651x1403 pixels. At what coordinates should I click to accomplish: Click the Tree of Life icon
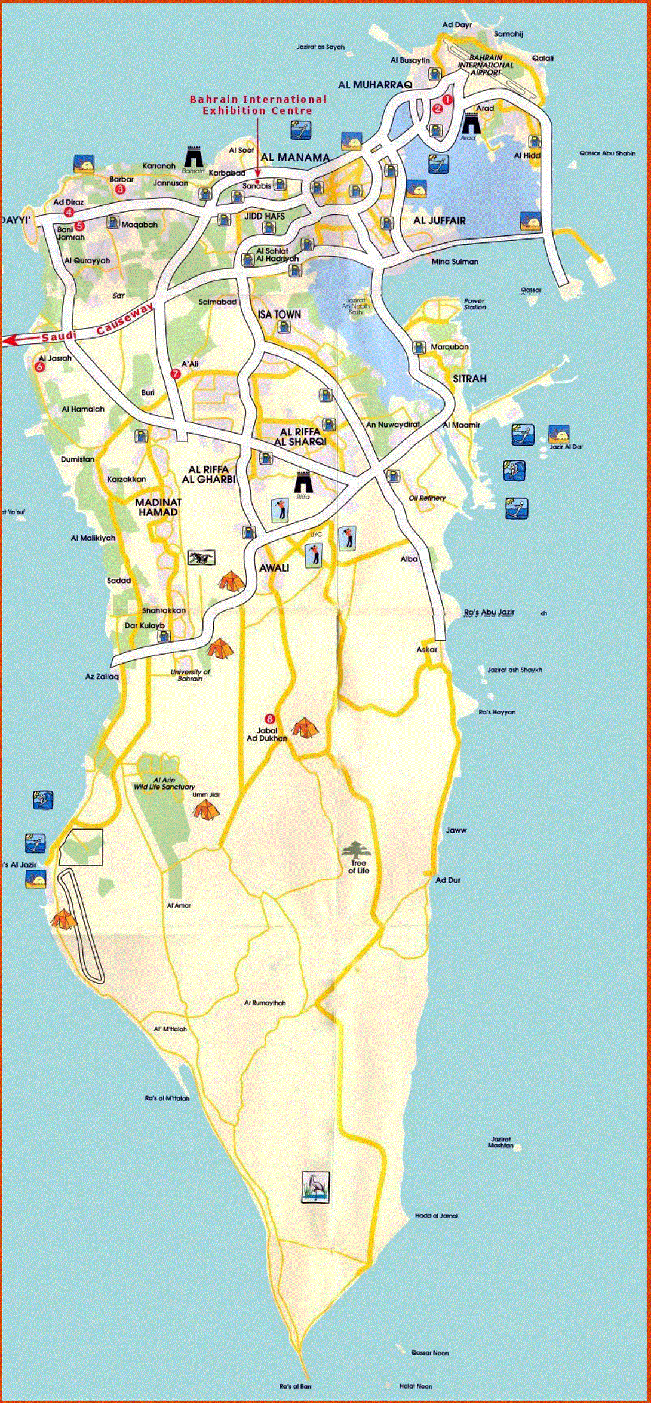(x=357, y=851)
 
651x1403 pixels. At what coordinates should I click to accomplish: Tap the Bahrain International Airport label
(x=486, y=65)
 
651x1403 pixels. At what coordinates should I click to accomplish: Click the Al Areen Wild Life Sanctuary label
(x=164, y=784)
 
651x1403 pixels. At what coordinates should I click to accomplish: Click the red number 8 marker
(x=269, y=719)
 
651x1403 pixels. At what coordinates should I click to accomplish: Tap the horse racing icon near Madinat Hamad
(x=201, y=558)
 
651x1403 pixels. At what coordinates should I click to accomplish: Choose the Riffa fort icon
(x=303, y=481)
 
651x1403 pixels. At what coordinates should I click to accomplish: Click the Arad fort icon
(x=471, y=124)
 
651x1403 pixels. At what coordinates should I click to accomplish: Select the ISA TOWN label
(x=280, y=314)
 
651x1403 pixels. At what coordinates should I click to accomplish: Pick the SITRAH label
(x=469, y=379)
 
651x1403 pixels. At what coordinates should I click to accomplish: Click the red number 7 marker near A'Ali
(x=175, y=374)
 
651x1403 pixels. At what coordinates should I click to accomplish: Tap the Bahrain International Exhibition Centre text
(x=258, y=105)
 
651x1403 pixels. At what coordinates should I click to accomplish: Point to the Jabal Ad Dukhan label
(x=267, y=734)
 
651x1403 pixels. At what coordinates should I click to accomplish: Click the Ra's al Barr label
(x=295, y=1386)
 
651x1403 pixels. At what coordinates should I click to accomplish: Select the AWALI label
(x=274, y=567)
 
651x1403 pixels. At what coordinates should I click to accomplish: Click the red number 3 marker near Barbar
(x=120, y=189)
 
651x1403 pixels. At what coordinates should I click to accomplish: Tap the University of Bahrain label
(x=190, y=675)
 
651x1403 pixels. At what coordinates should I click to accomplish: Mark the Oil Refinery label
(x=427, y=498)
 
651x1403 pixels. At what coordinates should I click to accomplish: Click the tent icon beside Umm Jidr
(x=205, y=809)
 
